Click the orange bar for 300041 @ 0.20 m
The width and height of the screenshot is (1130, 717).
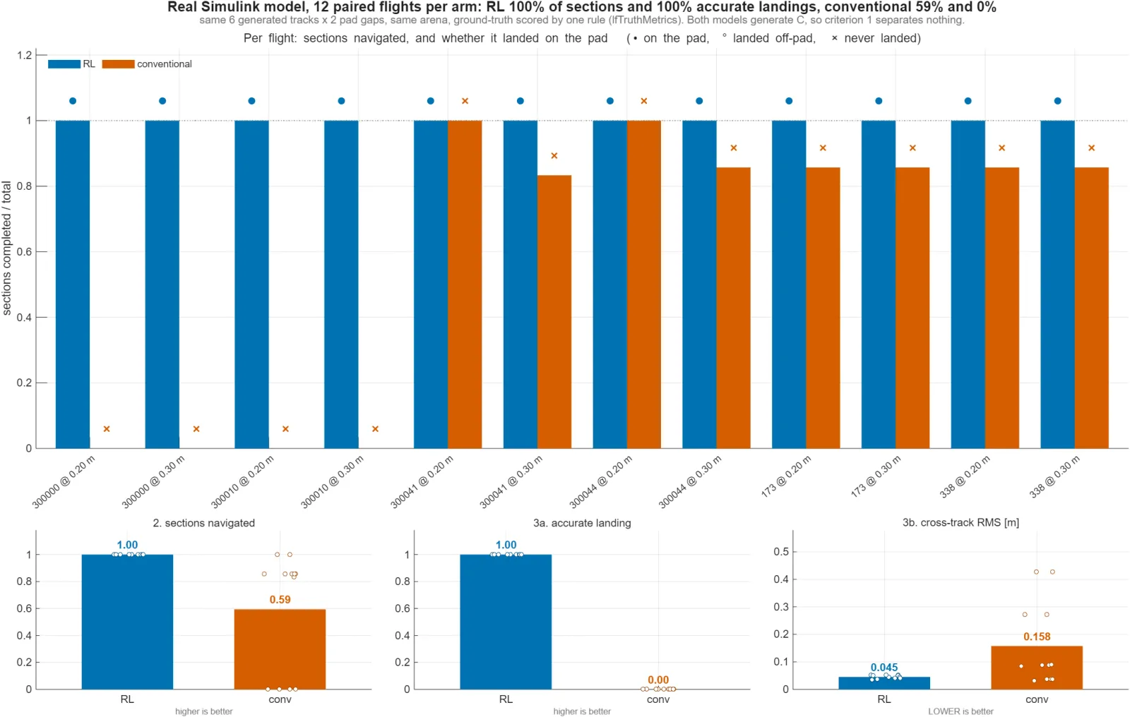click(465, 284)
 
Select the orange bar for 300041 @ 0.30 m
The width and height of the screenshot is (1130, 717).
click(554, 312)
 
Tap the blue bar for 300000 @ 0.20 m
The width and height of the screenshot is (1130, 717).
click(73, 284)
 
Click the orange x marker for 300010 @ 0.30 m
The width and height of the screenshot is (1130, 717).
click(375, 428)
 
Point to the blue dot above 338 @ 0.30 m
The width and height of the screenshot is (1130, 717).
click(1057, 101)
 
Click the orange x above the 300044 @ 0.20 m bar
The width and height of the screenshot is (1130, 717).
click(643, 101)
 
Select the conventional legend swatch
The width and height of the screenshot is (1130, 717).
click(118, 64)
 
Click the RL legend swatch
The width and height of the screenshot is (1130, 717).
click(64, 64)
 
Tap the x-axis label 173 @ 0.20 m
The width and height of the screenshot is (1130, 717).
click(786, 476)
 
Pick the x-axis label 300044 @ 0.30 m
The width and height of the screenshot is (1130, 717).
click(690, 481)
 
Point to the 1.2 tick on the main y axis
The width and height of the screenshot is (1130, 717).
click(24, 55)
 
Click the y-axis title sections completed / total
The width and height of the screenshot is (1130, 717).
click(6, 248)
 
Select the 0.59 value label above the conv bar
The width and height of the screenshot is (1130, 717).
click(280, 600)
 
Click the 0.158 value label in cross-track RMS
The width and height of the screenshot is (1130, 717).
click(1037, 637)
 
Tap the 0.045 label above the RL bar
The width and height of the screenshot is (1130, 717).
click(884, 668)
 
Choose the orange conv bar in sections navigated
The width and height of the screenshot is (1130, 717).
click(280, 649)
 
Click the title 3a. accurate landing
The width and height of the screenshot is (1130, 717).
click(582, 523)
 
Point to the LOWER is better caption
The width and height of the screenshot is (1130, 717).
click(961, 711)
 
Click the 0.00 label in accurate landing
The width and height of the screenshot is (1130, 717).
click(658, 680)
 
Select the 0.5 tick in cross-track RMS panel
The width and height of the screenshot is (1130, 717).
click(781, 552)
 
